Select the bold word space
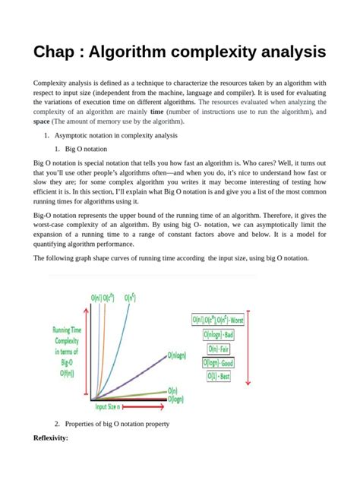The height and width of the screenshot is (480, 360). coord(42,121)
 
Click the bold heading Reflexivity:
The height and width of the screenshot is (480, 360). coord(51,439)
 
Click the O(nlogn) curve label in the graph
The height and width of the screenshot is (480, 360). coord(178,354)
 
